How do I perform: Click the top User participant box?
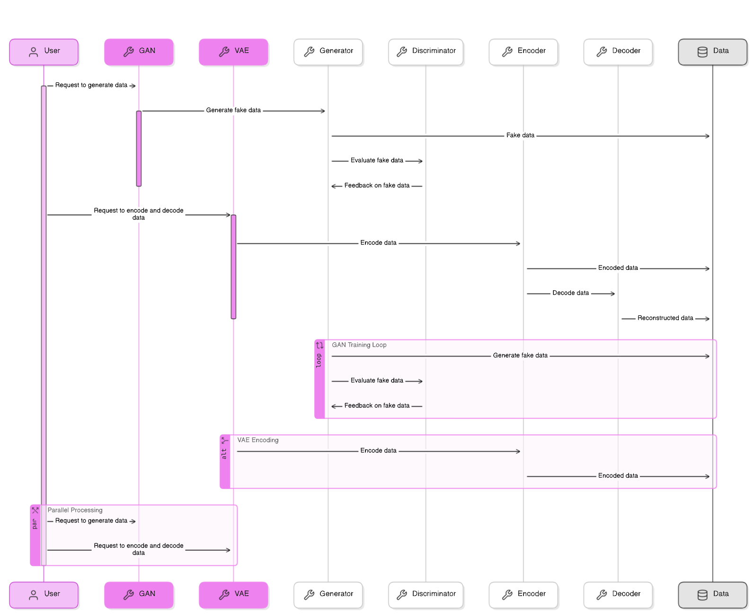[44, 52]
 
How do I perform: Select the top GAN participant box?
[139, 52]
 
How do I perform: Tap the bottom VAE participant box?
[233, 595]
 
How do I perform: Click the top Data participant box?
[712, 52]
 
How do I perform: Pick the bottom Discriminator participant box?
[426, 595]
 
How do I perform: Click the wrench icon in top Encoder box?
[507, 52]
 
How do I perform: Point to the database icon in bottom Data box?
[702, 595]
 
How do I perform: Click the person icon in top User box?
[33, 52]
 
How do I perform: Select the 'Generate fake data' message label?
[520, 356]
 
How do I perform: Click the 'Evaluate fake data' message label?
[377, 381]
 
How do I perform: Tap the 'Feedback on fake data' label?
[377, 406]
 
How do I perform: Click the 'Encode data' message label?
[378, 451]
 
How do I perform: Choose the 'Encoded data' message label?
[618, 476]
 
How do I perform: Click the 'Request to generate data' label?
[91, 521]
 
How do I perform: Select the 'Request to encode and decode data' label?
[138, 549]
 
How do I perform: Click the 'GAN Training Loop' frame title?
[359, 345]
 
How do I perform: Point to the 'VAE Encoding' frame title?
[257, 440]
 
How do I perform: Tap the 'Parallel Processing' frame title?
[75, 510]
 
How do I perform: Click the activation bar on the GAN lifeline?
[139, 149]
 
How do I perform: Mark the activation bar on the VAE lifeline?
[233, 267]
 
